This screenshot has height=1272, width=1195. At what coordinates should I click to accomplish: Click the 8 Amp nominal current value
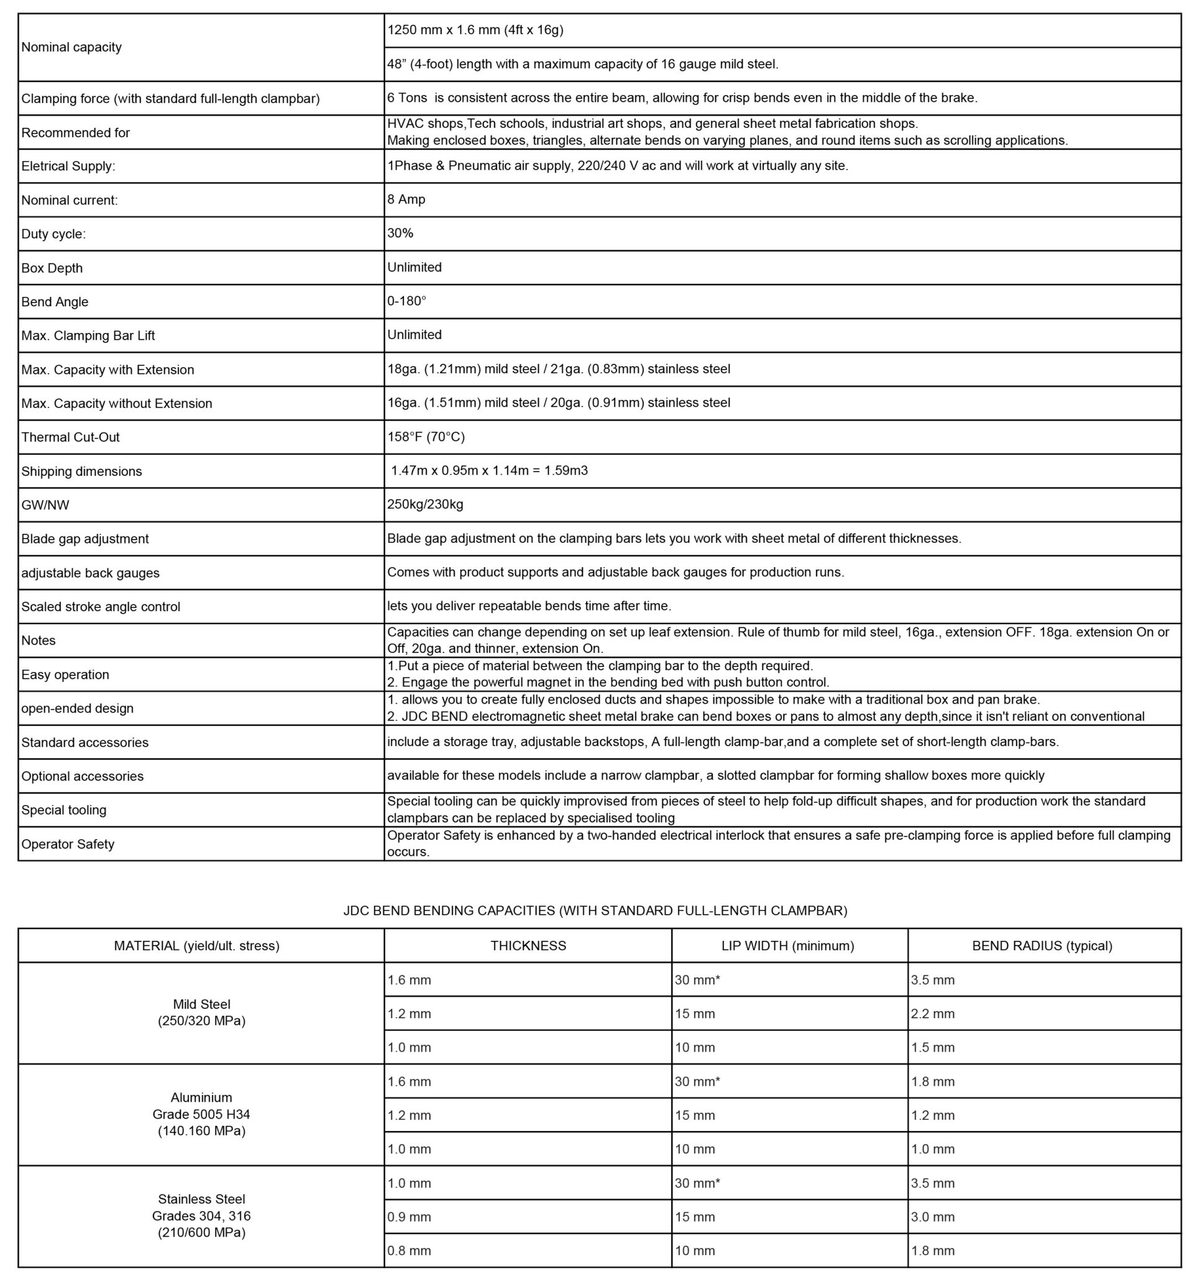tap(406, 199)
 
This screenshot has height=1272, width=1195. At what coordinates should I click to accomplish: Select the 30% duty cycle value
tap(401, 234)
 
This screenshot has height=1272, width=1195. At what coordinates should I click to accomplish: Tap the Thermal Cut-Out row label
tap(70, 437)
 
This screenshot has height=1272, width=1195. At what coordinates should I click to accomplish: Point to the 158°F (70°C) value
tap(426, 437)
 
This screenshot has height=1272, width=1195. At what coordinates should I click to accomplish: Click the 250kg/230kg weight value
tap(425, 504)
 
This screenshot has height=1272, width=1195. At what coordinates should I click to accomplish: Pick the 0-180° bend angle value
tap(406, 301)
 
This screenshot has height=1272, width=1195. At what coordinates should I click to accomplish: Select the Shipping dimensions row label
tap(82, 471)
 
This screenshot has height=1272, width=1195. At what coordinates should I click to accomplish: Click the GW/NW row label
tap(45, 505)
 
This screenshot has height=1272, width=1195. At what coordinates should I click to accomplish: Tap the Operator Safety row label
tap(68, 844)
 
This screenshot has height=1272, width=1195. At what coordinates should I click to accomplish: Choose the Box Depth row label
tap(52, 268)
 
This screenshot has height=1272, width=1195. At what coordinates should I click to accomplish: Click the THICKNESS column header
tap(528, 946)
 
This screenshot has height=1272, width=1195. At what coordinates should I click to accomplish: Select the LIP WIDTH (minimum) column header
tap(787, 946)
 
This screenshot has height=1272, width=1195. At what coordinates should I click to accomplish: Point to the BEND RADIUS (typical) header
tap(1042, 946)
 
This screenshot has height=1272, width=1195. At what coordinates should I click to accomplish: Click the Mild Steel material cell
tap(201, 1012)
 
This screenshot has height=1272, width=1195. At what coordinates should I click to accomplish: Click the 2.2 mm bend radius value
tap(933, 1014)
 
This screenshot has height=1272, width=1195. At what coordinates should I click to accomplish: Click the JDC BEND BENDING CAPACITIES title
tap(595, 911)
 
